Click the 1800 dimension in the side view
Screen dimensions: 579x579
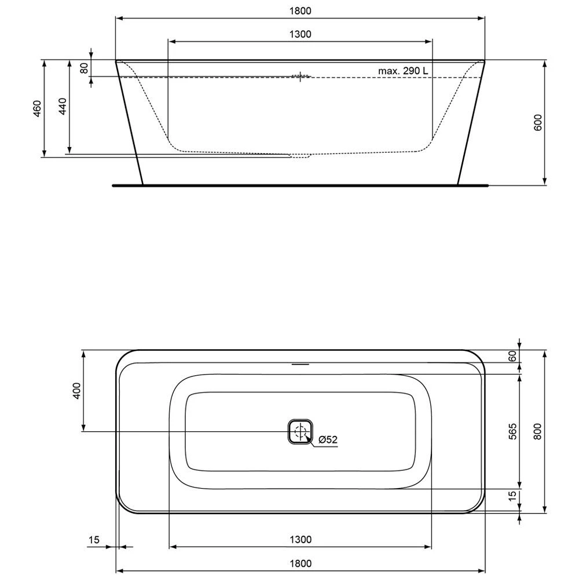tap(300, 10)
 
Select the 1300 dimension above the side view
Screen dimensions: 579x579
tap(300, 34)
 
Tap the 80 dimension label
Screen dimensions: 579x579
tap(84, 68)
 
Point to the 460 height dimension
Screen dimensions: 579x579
tap(36, 108)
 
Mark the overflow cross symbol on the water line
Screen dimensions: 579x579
tap(301, 76)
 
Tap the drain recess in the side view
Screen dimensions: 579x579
tap(300, 155)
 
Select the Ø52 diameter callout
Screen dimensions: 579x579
tap(327, 439)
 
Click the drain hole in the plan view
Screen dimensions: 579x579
tap(300, 431)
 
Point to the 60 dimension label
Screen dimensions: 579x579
tap(512, 356)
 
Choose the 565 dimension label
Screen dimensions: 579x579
tap(512, 430)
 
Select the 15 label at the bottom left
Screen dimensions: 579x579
tap(93, 540)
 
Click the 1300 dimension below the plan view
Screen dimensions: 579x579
tap(300, 540)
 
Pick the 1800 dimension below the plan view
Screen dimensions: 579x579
tap(300, 563)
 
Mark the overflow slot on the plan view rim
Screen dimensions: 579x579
tap(301, 365)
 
